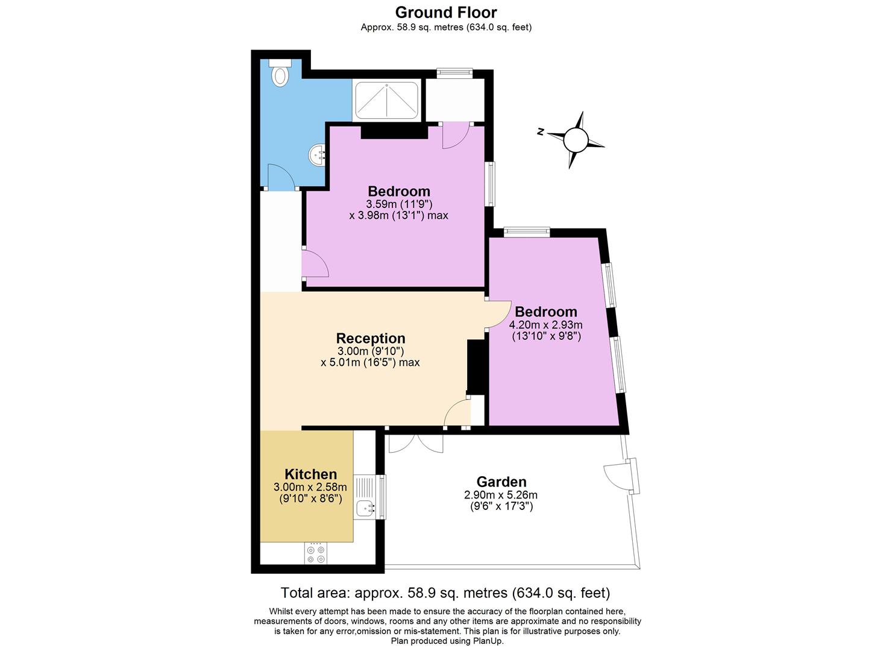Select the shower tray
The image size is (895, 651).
[386, 100]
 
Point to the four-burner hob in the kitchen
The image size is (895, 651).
[316, 553]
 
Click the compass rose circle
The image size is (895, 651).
[576, 140]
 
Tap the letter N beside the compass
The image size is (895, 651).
[541, 131]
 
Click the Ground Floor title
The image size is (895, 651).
[446, 13]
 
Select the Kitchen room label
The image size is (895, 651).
[310, 474]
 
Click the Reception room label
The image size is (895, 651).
[371, 338]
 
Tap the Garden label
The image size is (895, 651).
[501, 482]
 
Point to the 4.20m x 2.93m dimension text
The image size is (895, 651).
[545, 324]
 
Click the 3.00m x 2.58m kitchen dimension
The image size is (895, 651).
[310, 487]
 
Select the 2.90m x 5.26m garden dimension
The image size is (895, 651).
[501, 495]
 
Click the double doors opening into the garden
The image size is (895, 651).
[416, 443]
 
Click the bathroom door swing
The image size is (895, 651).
[281, 176]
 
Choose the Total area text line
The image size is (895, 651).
[445, 593]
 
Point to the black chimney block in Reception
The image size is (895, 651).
[476, 367]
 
